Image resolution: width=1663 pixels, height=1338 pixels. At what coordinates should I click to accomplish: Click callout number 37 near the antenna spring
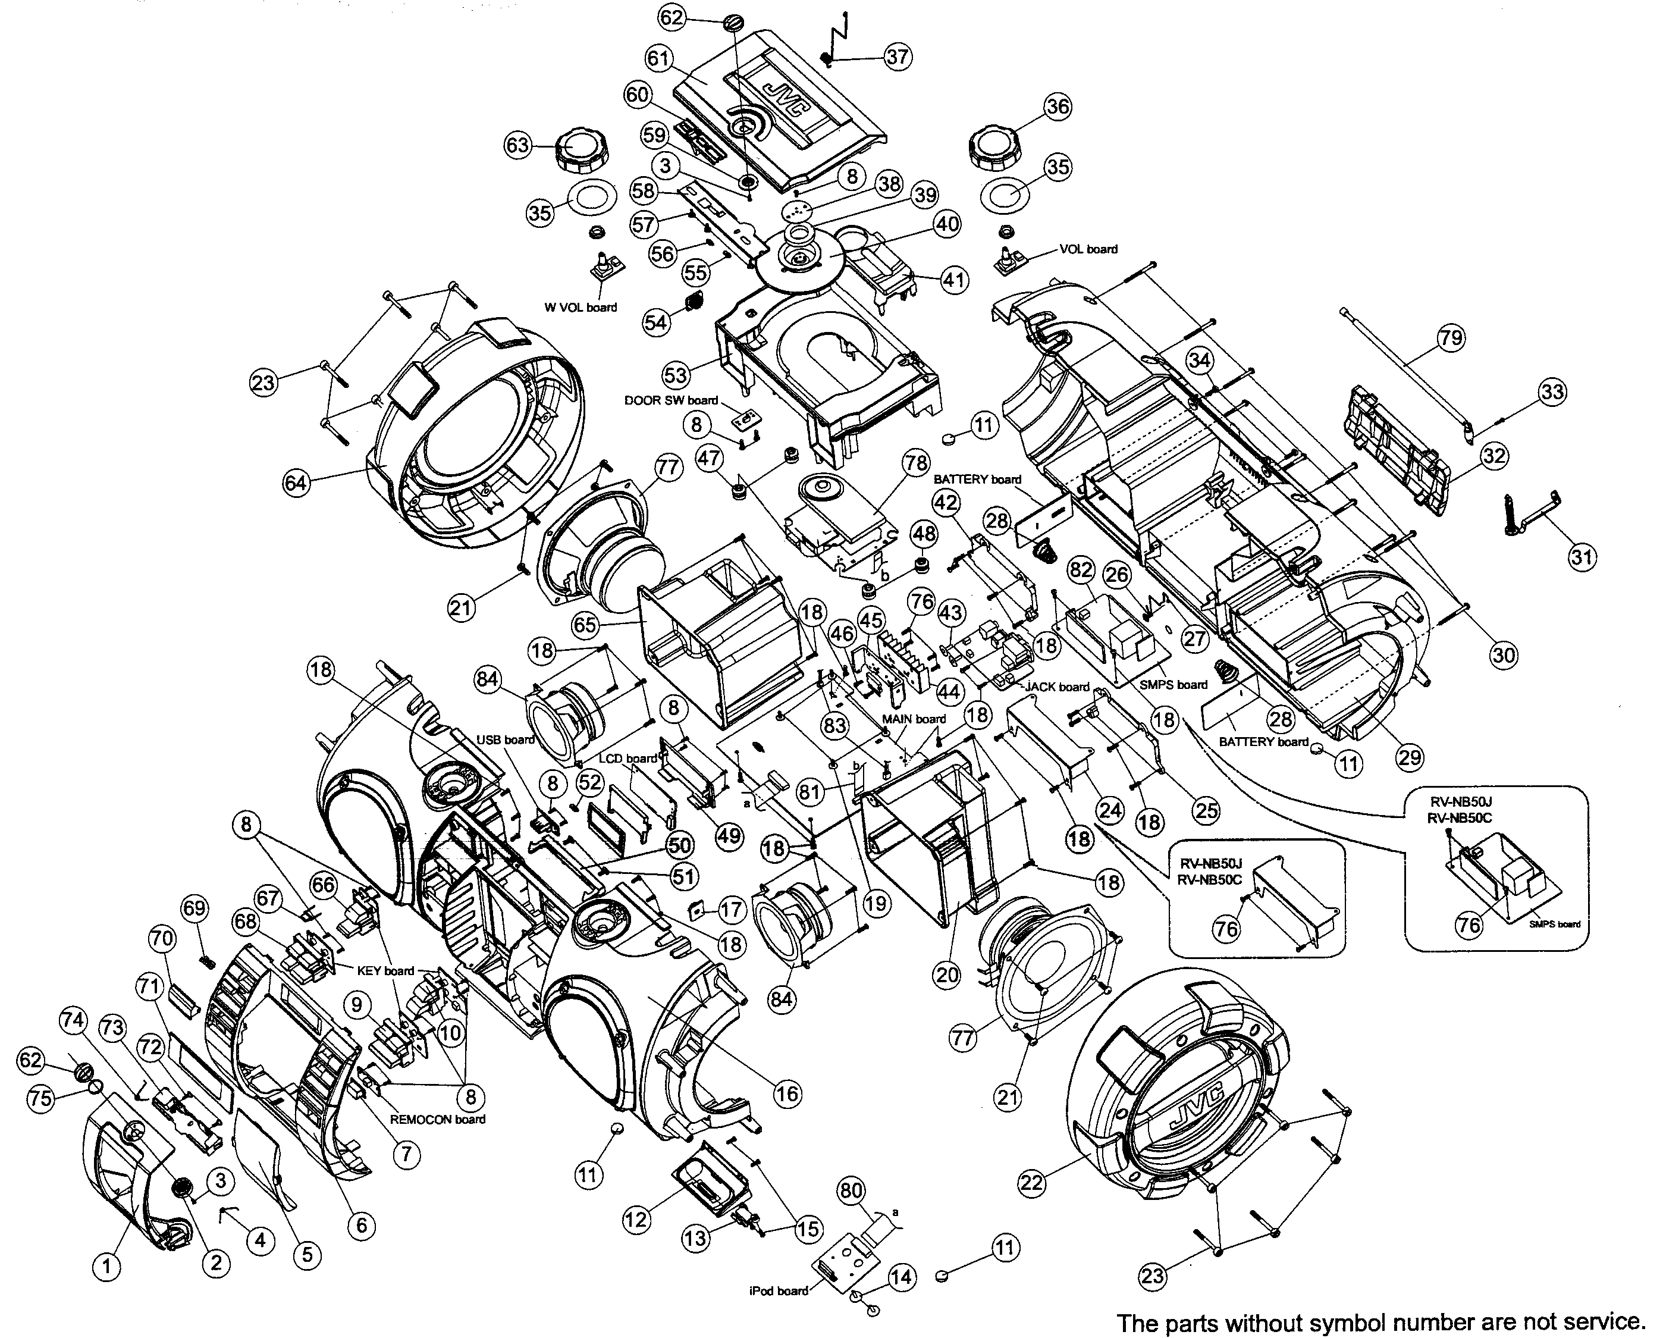pos(897,57)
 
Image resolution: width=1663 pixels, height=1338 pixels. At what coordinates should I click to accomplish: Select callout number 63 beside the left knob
pos(517,145)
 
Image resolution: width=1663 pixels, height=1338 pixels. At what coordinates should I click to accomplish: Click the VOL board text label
pos(1088,249)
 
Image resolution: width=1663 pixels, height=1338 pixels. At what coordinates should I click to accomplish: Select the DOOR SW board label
pos(671,400)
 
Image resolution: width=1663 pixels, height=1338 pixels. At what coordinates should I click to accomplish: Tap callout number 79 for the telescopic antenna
pos(1450,338)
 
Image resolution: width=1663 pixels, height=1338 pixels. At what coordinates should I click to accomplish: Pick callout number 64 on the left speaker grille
pos(296,483)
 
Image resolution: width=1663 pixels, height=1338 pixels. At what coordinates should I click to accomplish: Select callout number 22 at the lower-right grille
pos(1032,1182)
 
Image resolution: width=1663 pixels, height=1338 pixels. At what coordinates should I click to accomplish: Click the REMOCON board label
pos(437,1119)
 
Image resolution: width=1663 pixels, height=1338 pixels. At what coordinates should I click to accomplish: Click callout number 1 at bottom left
pos(106,1265)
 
